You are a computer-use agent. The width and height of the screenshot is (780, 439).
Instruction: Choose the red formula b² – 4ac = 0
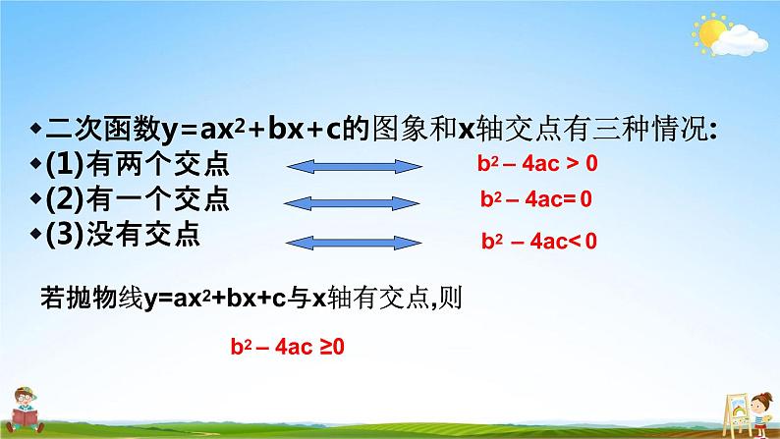[x=536, y=199]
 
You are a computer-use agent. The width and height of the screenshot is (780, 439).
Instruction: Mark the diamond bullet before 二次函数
[x=36, y=129]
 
